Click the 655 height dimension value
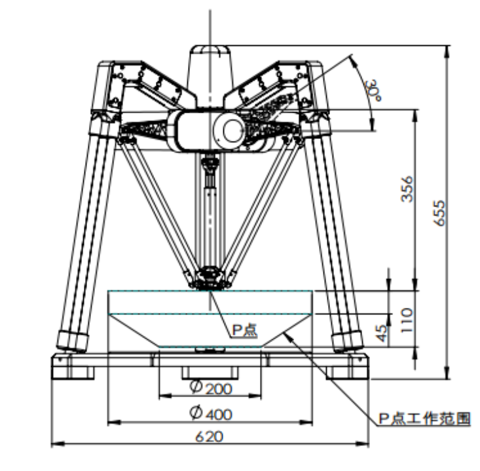439,213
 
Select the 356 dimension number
407,189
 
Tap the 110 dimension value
407,320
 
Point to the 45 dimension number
381,333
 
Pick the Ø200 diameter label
211,388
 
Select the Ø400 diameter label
211,413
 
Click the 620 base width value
210,437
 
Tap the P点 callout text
245,330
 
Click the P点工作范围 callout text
424,419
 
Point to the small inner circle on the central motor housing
233,130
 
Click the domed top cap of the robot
210,51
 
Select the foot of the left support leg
72,341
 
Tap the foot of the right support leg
348,341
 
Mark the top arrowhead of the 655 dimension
447,52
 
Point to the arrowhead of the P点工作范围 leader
288,337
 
